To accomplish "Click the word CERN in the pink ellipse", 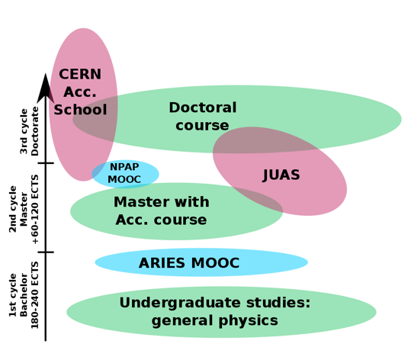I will coord(80,75).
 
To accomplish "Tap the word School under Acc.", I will coord(80,109).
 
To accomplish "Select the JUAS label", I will coord(281,175).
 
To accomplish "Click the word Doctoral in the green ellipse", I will coord(202,108).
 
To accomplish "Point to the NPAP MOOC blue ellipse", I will coord(124,173).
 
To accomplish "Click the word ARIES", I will coord(162,263).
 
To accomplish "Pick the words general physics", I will coord(214,320).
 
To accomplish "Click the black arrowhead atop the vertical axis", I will coord(46,88).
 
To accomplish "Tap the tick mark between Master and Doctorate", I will coord(46,163).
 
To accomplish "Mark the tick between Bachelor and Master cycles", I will coord(46,252).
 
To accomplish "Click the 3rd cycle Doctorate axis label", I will coord(29,131).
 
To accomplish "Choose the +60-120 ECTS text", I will coord(35,208).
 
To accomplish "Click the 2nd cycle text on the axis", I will coord(13,208).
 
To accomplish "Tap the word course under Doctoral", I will coord(202,125).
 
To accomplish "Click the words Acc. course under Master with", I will coord(161,220).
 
